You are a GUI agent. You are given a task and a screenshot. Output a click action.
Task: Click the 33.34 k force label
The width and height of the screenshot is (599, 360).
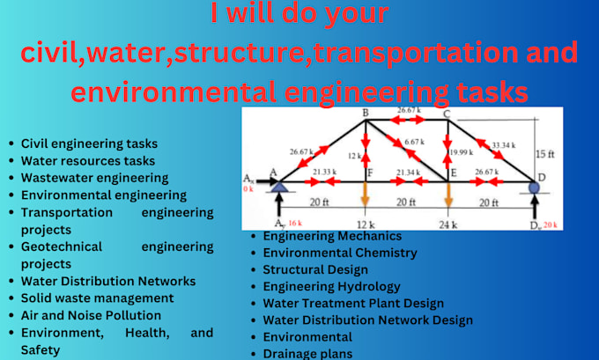[x=504, y=144]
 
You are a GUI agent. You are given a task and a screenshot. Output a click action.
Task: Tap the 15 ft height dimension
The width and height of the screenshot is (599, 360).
[x=545, y=155]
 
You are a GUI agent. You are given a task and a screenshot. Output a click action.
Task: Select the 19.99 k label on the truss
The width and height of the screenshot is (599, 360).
[x=462, y=153]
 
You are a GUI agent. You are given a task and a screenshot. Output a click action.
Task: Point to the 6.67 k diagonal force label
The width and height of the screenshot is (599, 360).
[x=414, y=141]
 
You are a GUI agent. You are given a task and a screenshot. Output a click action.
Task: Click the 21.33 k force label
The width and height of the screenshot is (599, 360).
[x=323, y=172]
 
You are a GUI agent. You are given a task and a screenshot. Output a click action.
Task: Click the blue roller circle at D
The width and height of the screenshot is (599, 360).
[x=534, y=186]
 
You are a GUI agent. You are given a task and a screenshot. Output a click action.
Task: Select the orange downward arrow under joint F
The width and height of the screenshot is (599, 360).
[x=366, y=198]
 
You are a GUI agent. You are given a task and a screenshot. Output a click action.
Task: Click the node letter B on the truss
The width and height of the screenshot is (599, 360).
[x=365, y=114]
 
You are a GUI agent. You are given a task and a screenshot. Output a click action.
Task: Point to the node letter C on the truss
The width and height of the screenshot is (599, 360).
[x=447, y=114]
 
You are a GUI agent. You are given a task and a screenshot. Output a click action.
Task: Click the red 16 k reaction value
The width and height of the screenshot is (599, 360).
[x=294, y=224]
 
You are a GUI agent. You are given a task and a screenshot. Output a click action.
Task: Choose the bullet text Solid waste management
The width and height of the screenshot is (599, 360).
[x=91, y=298]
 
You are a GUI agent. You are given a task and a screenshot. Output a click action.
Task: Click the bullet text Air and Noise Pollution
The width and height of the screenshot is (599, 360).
[x=91, y=314]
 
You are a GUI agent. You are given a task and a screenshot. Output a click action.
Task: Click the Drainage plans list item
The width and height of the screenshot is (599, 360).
[x=307, y=354]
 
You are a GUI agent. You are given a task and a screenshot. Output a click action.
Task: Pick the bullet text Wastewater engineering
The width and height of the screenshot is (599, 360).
[x=94, y=178]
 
